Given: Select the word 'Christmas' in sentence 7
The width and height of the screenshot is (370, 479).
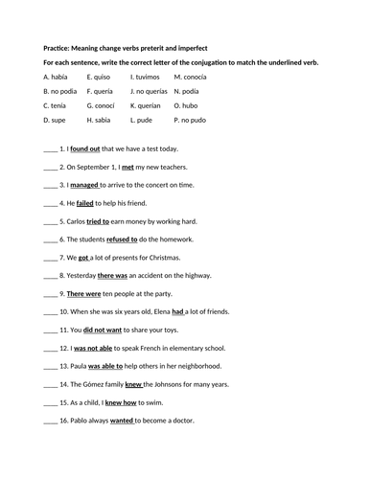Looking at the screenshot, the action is pos(186,257).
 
